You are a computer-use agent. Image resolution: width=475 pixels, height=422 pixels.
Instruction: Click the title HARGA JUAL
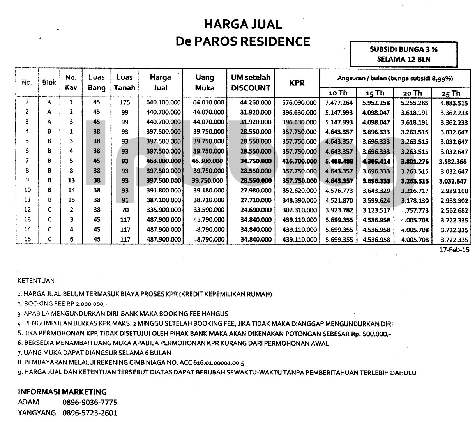[243, 25]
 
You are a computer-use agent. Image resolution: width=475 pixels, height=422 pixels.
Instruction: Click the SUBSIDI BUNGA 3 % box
[403, 55]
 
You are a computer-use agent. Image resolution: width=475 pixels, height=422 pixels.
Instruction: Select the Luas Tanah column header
[124, 83]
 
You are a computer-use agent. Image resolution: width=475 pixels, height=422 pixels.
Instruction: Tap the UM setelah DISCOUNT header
[251, 83]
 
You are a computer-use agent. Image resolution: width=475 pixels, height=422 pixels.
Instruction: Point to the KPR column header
[297, 83]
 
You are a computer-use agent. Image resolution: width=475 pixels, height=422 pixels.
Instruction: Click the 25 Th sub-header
[451, 93]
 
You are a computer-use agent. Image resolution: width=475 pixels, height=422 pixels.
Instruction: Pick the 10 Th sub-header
[337, 93]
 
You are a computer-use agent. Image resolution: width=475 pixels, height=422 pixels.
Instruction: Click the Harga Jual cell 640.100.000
[161, 103]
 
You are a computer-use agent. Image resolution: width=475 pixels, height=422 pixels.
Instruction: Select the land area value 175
[125, 103]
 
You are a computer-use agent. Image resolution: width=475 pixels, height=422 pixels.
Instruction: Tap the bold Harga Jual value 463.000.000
[161, 161]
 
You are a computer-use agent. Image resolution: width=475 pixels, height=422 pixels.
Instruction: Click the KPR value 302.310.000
[298, 210]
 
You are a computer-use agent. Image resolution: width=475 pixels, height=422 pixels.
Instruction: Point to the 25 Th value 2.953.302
[454, 201]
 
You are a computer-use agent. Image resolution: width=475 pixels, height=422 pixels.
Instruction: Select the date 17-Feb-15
[454, 250]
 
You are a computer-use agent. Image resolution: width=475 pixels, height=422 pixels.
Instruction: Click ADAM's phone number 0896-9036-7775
[90, 402]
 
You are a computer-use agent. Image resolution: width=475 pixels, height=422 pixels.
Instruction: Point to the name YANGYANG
[37, 413]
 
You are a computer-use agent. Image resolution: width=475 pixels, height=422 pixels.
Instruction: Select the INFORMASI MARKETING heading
[62, 392]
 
